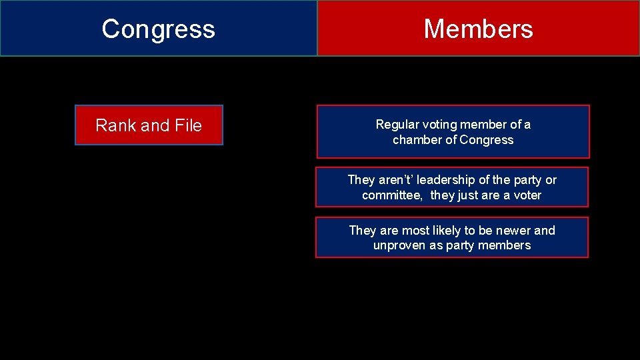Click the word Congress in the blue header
(159, 29)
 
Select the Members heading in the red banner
(478, 29)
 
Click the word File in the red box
(187, 125)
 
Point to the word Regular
(397, 125)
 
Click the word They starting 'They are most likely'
(363, 231)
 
